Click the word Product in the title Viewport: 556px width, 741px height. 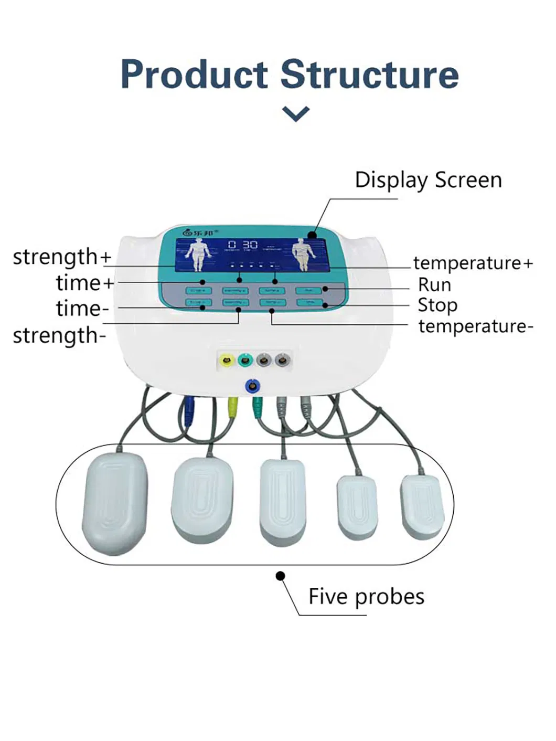[x=195, y=74]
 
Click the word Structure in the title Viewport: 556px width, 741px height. [x=370, y=74]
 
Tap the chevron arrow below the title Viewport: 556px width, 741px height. [x=295, y=113]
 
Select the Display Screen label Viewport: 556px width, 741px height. [x=428, y=180]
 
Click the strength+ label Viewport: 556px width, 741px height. [x=62, y=257]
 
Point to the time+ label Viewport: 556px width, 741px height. [x=84, y=283]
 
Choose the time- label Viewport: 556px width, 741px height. [x=82, y=309]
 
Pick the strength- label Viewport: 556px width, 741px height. [x=59, y=335]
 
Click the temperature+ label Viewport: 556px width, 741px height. [x=473, y=262]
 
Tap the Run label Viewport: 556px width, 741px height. [x=434, y=284]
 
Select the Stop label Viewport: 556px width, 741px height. [x=437, y=305]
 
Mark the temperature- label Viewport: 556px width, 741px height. [x=475, y=326]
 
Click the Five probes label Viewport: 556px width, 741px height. [x=366, y=596]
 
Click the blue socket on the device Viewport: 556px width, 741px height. [x=252, y=386]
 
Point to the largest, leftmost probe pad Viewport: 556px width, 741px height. [x=115, y=502]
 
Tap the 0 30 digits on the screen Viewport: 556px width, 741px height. [x=243, y=245]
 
